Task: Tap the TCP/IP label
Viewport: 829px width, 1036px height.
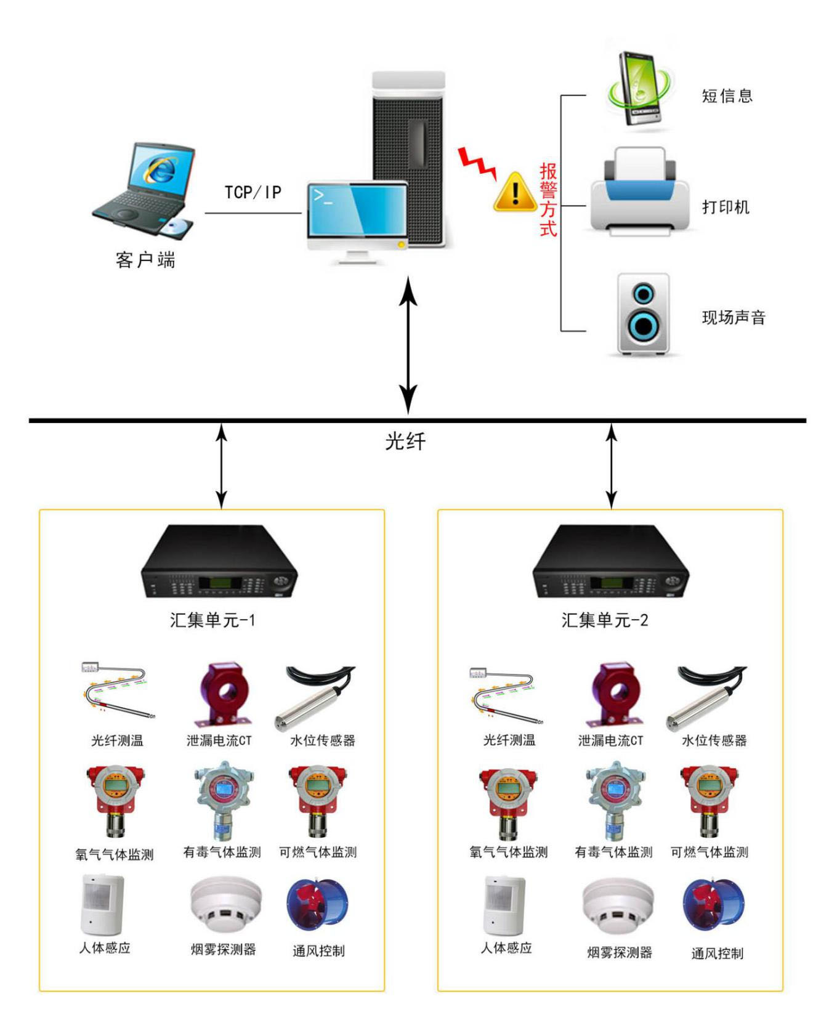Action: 253,192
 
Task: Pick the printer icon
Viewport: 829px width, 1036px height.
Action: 641,192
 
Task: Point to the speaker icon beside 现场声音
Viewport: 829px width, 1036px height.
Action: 644,314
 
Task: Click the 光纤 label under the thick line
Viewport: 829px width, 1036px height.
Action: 405,441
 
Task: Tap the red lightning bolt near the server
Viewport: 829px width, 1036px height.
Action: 477,163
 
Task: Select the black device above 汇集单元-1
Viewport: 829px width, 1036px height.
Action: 219,561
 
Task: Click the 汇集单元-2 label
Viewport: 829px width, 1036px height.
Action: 605,620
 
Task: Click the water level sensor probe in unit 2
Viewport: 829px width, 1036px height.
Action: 706,698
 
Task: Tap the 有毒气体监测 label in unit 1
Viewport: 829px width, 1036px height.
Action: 222,852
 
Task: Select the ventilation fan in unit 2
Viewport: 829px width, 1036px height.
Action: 714,907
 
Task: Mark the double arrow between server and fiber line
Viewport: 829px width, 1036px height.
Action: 408,345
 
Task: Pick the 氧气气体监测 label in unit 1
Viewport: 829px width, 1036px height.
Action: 115,854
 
